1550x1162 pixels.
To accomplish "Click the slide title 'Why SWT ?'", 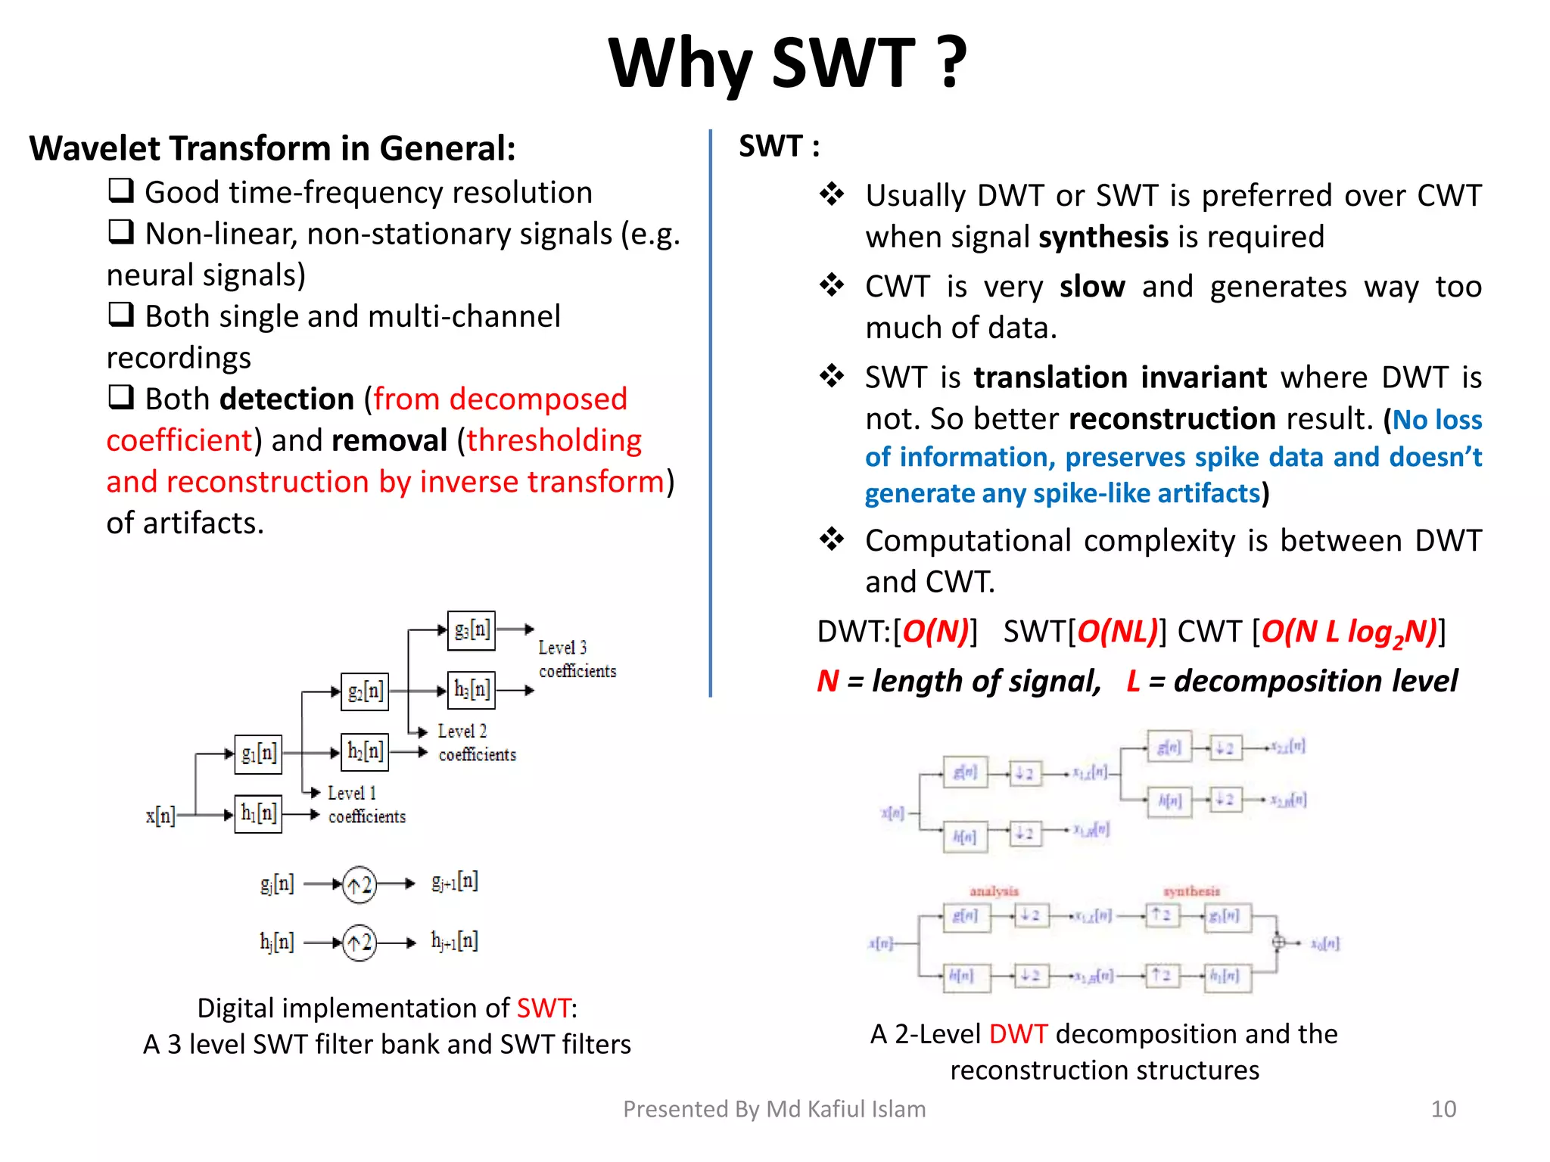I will [787, 64].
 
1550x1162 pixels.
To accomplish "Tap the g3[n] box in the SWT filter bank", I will [471, 630].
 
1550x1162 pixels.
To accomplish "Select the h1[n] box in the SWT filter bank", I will [258, 814].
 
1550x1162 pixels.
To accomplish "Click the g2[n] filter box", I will [365, 691].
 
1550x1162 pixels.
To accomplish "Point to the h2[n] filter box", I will [365, 752].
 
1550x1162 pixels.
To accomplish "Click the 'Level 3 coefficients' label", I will [577, 659].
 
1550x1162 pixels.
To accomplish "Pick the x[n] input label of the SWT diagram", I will [160, 815].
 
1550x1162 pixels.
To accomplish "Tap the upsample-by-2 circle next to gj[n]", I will [359, 884].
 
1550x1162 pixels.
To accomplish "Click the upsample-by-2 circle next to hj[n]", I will [359, 943].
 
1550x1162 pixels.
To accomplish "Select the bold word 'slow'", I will [1092, 287].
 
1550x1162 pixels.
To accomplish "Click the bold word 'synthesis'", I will [1103, 238].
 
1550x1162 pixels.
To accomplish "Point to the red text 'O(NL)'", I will [1117, 632].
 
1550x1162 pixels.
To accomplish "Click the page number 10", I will [1443, 1109].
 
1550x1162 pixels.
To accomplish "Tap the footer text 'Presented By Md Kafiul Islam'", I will [774, 1109].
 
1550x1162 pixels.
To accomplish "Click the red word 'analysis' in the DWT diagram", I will [994, 891].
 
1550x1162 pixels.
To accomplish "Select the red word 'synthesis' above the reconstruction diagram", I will [1191, 891].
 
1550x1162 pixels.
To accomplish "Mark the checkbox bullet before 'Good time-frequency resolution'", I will [121, 190].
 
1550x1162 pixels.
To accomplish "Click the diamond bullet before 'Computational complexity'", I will [832, 539].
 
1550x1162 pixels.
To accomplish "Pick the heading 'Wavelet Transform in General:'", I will [272, 148].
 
